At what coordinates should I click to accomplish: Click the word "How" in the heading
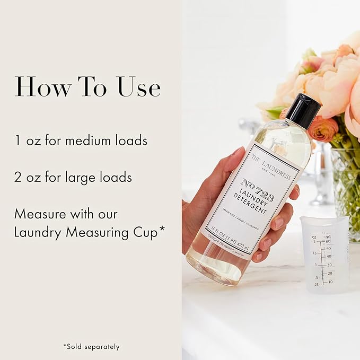coord(42,86)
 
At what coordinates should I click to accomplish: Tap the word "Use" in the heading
coord(138,86)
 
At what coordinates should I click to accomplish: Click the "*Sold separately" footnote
coord(91,347)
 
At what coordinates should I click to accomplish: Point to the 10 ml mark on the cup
coord(330,282)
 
